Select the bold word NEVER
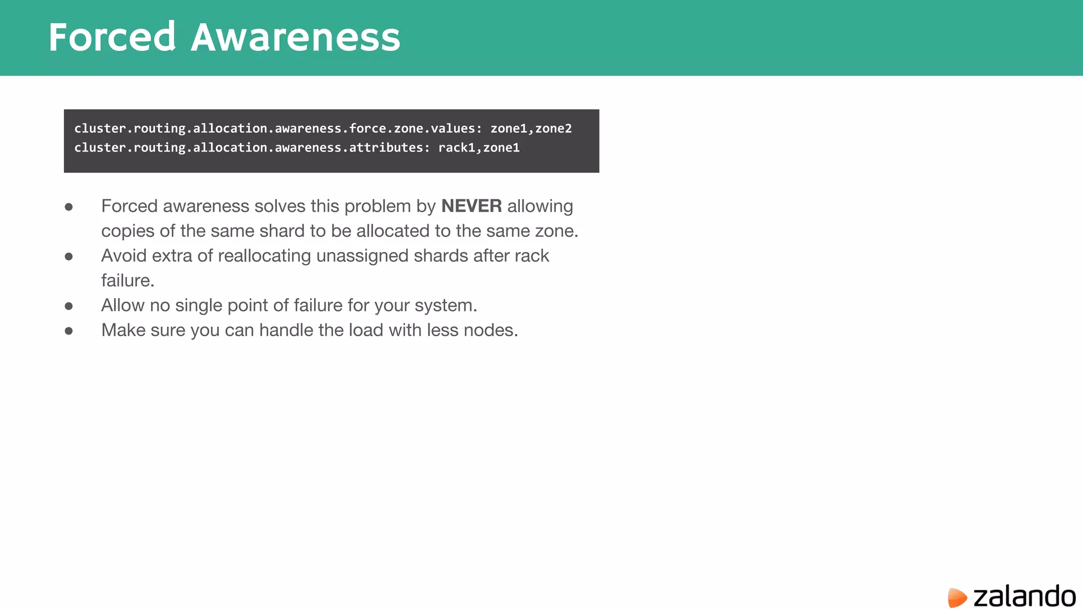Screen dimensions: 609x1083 pos(471,206)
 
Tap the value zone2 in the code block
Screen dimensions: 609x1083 pos(554,128)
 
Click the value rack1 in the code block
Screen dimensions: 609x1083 pos(457,147)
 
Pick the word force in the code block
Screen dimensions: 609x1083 pos(368,128)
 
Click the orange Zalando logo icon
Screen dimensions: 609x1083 pos(957,597)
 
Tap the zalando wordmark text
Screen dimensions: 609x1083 pos(1024,596)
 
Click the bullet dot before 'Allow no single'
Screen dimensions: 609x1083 pos(69,306)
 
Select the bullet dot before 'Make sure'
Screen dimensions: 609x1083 pos(69,331)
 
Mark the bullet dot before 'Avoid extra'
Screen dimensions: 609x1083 pos(69,256)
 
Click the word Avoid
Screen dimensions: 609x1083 pos(124,256)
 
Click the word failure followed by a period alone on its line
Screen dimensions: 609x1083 pos(127,281)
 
